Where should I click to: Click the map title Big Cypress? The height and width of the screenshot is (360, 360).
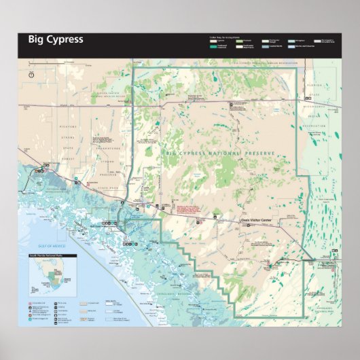56,39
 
